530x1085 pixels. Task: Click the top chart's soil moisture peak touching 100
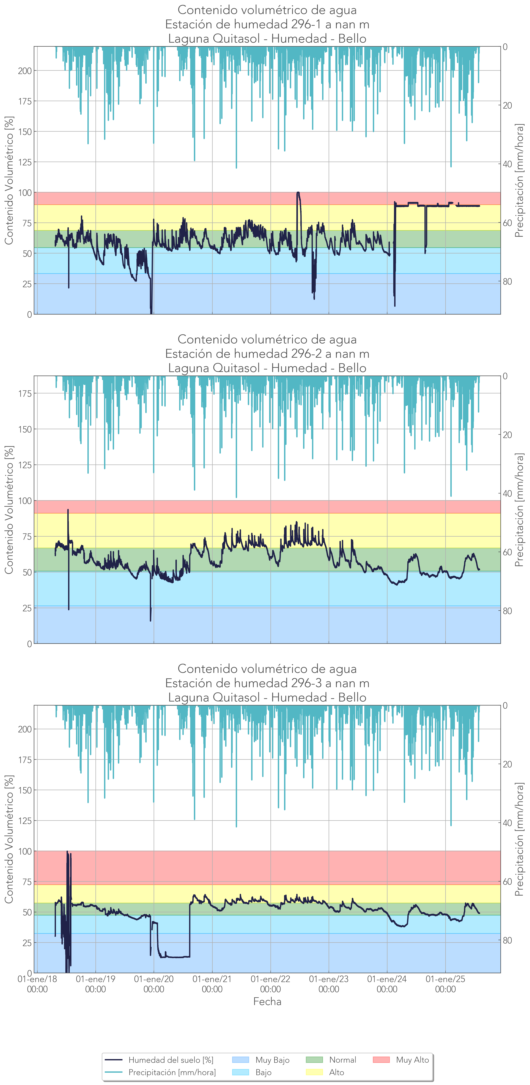298,193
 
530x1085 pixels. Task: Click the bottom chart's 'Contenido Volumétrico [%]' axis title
9,839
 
